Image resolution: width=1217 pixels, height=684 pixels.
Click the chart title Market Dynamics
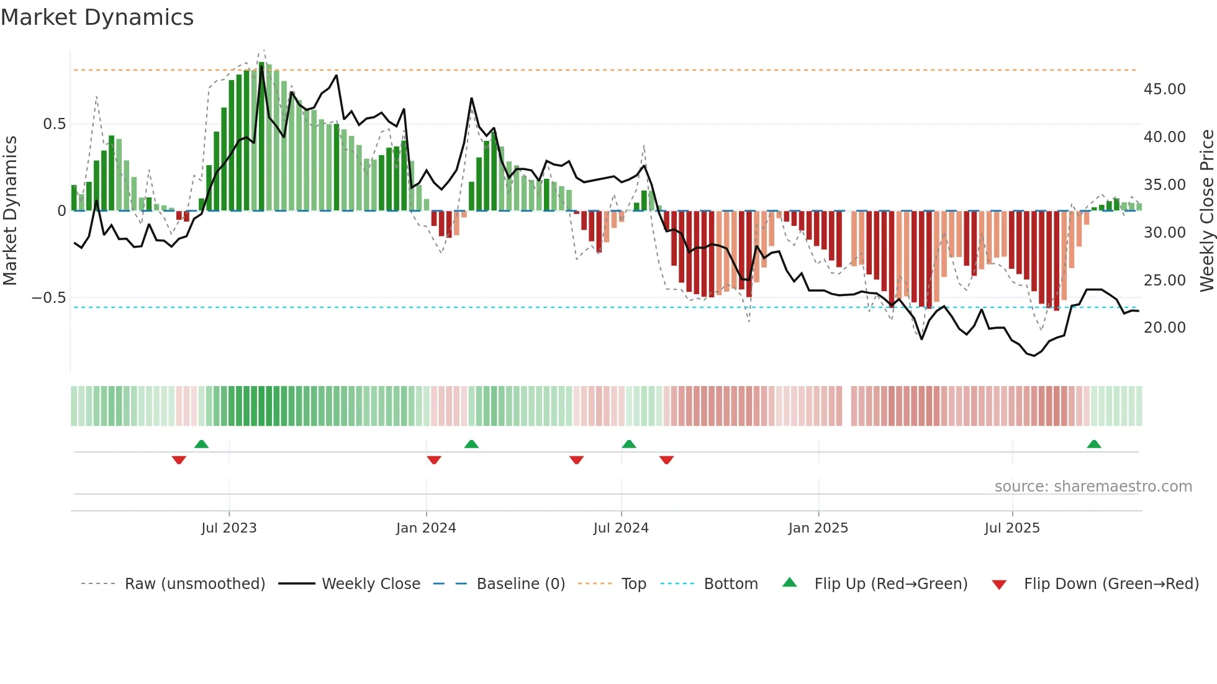[97, 17]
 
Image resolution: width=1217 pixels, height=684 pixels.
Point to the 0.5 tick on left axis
[54, 124]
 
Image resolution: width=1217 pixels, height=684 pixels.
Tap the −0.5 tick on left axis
[48, 298]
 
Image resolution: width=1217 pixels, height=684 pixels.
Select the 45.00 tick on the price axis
[1164, 89]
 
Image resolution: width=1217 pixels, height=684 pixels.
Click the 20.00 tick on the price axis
[1164, 328]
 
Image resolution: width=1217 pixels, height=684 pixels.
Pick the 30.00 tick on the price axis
[1164, 233]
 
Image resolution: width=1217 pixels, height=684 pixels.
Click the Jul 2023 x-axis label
[228, 528]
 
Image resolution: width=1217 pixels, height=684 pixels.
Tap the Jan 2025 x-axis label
[818, 528]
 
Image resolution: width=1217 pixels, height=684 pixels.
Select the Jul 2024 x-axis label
[621, 528]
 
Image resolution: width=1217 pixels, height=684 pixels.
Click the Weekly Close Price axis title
[1206, 210]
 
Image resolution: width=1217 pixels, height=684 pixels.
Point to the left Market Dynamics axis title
[10, 210]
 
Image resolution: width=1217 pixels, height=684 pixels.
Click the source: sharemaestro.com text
[1093, 487]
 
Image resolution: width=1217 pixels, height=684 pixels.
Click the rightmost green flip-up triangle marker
[1094, 444]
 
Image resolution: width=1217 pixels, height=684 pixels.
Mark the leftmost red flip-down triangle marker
[179, 460]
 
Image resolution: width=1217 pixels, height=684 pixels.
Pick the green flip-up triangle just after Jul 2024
[629, 444]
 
